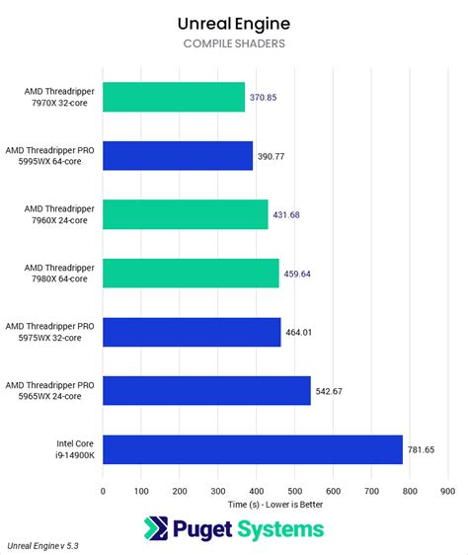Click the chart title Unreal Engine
(x=234, y=22)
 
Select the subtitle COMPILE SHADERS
(x=234, y=43)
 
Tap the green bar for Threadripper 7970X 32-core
(x=174, y=97)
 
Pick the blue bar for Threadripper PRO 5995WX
(x=178, y=156)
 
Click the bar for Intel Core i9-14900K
(x=252, y=449)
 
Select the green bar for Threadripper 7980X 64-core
(x=191, y=273)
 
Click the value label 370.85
(x=263, y=98)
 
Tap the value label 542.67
(x=329, y=391)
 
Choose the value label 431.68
(x=286, y=215)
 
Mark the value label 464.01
(x=299, y=332)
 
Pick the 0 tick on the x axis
(x=103, y=490)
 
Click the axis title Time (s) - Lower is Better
(x=274, y=504)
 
